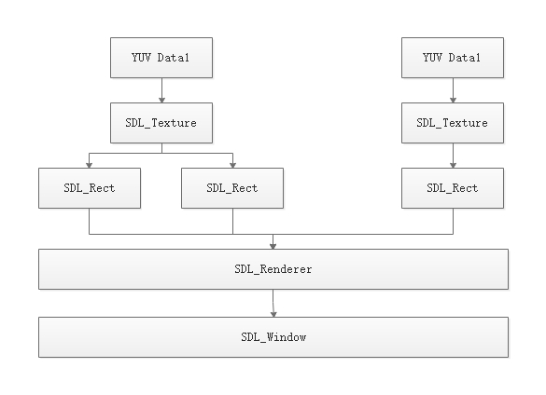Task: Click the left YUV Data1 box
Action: click(161, 58)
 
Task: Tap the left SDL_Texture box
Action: click(161, 122)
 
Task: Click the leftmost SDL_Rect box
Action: click(90, 187)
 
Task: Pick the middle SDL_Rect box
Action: click(232, 187)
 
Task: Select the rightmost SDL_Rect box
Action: click(452, 187)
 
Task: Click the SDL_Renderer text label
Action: click(273, 269)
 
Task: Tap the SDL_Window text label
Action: click(273, 336)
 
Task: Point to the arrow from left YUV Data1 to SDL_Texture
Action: click(161, 89)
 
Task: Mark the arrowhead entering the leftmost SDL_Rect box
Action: click(90, 164)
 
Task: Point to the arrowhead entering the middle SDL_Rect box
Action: click(232, 164)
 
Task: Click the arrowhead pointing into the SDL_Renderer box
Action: click(273, 245)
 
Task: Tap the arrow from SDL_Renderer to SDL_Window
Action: click(273, 303)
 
